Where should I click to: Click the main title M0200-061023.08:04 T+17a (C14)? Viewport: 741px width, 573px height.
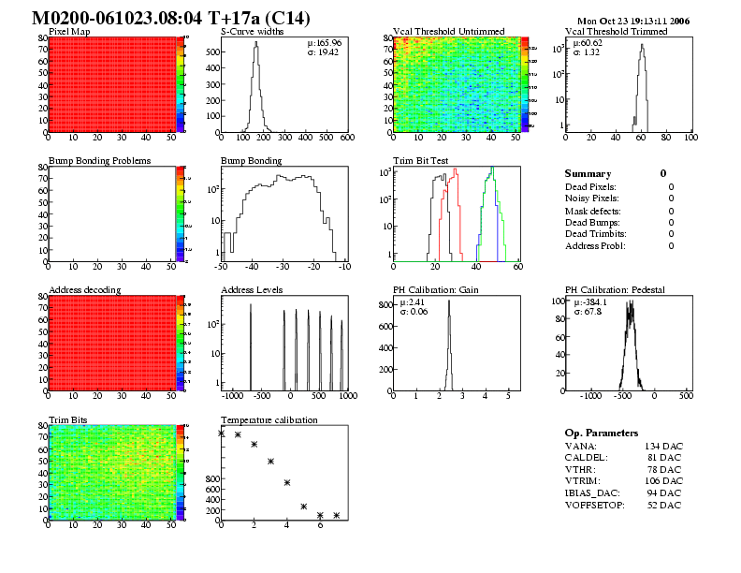171,19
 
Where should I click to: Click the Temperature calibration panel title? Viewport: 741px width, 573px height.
269,419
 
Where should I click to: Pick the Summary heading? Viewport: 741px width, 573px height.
588,174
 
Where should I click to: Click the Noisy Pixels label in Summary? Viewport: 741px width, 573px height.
592,198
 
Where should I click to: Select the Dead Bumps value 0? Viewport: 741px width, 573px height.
671,222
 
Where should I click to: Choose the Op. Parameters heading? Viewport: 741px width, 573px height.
602,433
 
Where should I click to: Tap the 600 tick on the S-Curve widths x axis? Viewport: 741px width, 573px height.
347,139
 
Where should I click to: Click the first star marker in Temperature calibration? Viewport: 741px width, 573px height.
222,433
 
